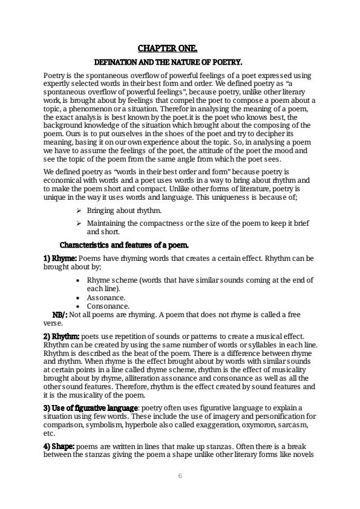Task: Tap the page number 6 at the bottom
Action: coord(180,476)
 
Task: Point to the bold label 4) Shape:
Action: coord(58,446)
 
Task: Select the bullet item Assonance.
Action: coord(106,298)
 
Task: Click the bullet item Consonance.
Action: coord(108,306)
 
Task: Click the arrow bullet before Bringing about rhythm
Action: coord(79,211)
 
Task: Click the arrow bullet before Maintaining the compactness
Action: coord(79,223)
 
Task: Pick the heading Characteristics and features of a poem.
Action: coord(124,245)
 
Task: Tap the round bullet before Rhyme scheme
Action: coord(80,280)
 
